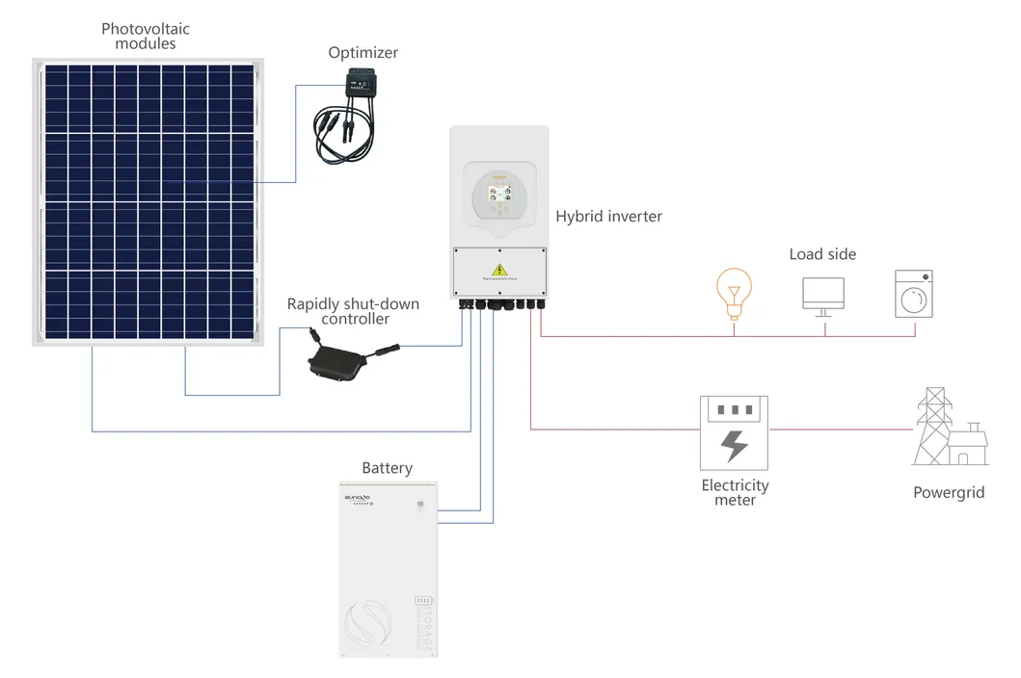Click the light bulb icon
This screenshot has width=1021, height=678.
point(734,295)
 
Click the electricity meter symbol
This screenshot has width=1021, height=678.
point(734,432)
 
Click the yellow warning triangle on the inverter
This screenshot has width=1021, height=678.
point(499,270)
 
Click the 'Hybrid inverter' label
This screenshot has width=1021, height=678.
point(608,217)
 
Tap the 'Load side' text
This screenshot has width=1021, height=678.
point(822,254)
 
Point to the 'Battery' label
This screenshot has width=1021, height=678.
point(387,468)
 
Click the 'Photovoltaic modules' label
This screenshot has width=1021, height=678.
point(146,37)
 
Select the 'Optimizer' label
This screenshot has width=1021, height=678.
point(363,53)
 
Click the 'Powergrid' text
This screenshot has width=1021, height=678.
point(949,492)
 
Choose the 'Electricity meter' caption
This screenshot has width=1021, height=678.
point(735,492)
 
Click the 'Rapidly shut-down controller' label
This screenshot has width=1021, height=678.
point(354,311)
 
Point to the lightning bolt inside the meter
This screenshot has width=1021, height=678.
point(735,445)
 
